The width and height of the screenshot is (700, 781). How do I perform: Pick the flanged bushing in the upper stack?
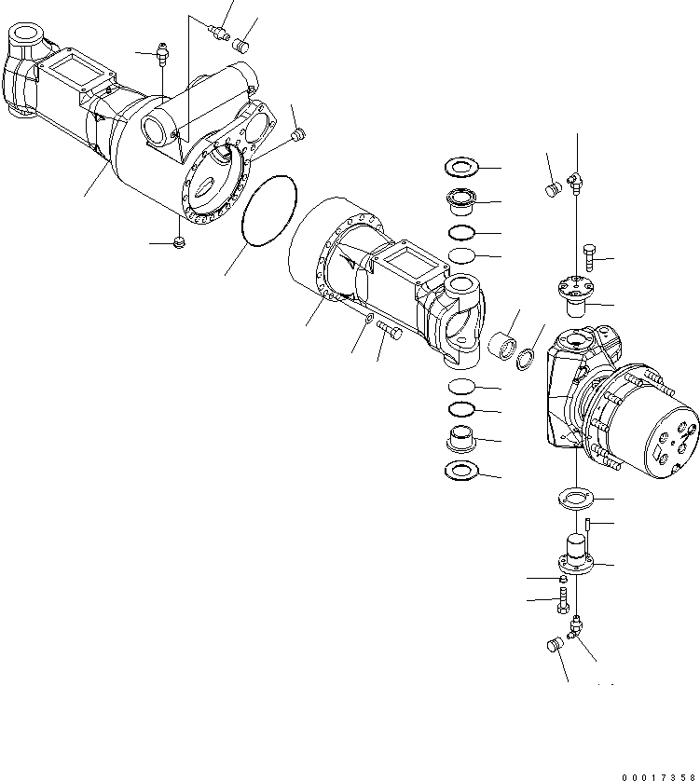(x=460, y=199)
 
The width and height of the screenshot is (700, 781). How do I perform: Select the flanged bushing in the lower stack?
(x=460, y=436)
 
